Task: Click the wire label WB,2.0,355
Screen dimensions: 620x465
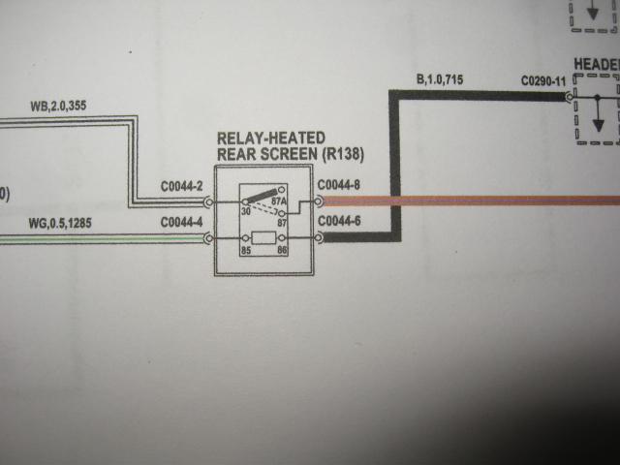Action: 58,106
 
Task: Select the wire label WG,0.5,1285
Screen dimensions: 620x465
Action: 60,224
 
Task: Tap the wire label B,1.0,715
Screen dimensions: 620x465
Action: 440,79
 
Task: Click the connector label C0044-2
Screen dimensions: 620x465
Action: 181,187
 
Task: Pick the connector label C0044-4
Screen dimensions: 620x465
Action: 181,222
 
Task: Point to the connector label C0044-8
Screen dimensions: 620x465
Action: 339,185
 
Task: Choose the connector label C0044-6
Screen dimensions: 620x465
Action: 339,221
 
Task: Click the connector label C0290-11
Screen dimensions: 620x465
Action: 543,81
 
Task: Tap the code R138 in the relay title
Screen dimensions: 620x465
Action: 343,154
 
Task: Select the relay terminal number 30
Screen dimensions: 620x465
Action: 246,211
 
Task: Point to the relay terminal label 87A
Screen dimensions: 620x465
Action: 279,201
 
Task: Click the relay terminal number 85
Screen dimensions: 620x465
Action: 246,250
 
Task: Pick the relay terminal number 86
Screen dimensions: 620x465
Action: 282,250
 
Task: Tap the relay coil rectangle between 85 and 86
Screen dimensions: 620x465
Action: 263,238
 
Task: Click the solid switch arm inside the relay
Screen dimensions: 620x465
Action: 261,196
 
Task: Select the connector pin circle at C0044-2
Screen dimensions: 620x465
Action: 209,202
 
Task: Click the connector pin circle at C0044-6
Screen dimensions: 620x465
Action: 319,237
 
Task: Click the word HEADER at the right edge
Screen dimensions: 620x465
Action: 597,65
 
